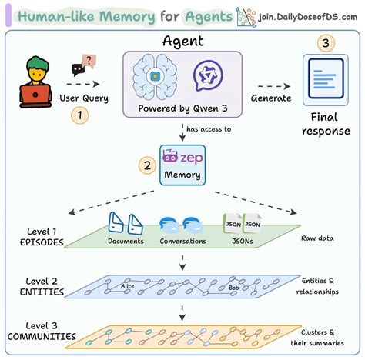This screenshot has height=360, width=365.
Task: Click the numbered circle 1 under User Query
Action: (x=79, y=116)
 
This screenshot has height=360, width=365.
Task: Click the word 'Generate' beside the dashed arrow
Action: (x=270, y=98)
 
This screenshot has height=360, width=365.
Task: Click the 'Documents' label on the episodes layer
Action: (x=126, y=241)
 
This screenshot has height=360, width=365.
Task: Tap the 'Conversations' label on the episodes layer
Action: (x=182, y=241)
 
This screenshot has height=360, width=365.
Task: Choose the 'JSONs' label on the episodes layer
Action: (x=240, y=241)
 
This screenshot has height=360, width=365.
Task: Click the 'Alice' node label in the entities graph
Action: (x=127, y=285)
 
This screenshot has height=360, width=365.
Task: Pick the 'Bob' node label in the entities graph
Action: (x=233, y=288)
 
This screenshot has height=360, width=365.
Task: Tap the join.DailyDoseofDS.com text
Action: (x=308, y=16)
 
